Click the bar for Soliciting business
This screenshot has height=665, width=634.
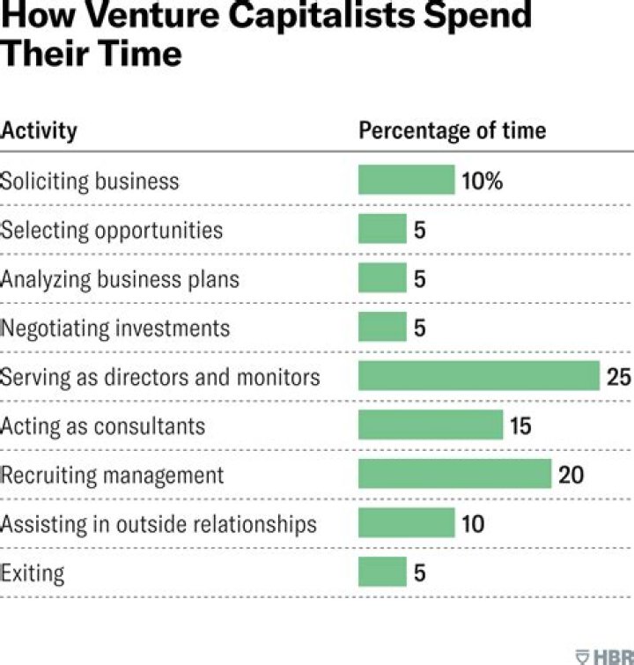click(406, 181)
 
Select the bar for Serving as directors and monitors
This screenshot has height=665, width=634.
click(478, 376)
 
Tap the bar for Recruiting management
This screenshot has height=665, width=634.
click(454, 475)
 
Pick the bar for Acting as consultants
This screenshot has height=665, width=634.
click(430, 425)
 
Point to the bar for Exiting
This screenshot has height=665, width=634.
click(382, 573)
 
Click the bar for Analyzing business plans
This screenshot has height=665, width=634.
click(382, 278)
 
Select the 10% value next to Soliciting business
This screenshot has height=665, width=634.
click(482, 181)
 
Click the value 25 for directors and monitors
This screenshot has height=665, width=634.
click(618, 377)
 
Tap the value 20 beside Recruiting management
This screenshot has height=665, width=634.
click(571, 476)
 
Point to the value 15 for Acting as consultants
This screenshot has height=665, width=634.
click(520, 426)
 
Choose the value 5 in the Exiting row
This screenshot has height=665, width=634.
click(419, 573)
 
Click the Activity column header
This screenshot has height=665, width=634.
click(39, 131)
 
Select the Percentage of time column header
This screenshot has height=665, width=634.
click(452, 131)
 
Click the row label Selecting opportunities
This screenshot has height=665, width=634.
click(112, 230)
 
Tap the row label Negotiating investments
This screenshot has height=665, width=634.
click(115, 329)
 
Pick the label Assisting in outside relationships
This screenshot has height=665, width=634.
click(158, 524)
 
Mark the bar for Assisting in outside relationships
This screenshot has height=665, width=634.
click(406, 523)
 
